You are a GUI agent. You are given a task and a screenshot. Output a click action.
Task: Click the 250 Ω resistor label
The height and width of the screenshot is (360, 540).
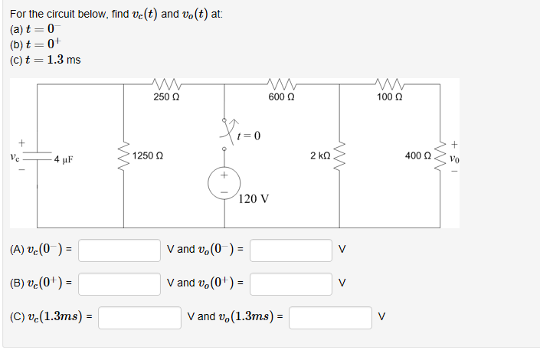point(166,97)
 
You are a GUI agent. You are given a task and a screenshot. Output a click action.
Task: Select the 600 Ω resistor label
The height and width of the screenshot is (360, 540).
point(283,97)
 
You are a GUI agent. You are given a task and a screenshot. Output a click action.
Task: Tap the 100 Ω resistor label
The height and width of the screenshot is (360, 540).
point(390,97)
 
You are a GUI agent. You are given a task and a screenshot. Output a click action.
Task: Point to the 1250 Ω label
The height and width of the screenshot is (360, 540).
point(147,155)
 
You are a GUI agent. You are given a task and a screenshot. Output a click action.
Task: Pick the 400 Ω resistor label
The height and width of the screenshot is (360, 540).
point(417,155)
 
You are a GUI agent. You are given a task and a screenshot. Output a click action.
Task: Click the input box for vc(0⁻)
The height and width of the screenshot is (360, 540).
point(119,250)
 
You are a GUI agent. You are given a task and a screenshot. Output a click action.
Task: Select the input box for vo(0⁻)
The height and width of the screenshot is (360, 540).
point(290,250)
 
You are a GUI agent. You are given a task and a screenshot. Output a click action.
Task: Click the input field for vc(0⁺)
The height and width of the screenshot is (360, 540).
point(119,283)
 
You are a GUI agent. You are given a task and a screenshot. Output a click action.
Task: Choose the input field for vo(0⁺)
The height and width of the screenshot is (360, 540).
point(290,283)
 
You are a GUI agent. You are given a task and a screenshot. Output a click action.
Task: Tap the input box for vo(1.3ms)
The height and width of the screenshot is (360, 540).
point(329,317)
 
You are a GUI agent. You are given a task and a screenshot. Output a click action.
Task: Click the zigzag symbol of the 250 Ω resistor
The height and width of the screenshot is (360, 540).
point(166,84)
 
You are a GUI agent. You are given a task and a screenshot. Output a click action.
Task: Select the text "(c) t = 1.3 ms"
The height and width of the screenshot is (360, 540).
point(45,60)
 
